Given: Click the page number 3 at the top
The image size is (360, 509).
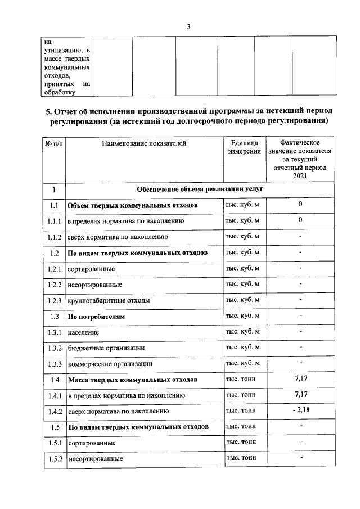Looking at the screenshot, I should [x=189, y=26].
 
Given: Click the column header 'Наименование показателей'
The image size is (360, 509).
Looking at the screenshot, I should [x=144, y=143].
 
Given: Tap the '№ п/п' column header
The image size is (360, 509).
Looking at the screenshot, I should [x=54, y=143].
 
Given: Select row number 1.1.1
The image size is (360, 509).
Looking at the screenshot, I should [x=54, y=221].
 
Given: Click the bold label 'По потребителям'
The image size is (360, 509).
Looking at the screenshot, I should [x=96, y=317].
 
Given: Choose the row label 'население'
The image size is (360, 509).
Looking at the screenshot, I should [x=84, y=332].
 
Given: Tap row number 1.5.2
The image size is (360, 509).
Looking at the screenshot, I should [x=54, y=459].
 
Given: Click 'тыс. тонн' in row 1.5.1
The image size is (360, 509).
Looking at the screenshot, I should [x=241, y=442].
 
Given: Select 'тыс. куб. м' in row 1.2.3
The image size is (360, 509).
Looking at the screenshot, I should [x=242, y=300].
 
